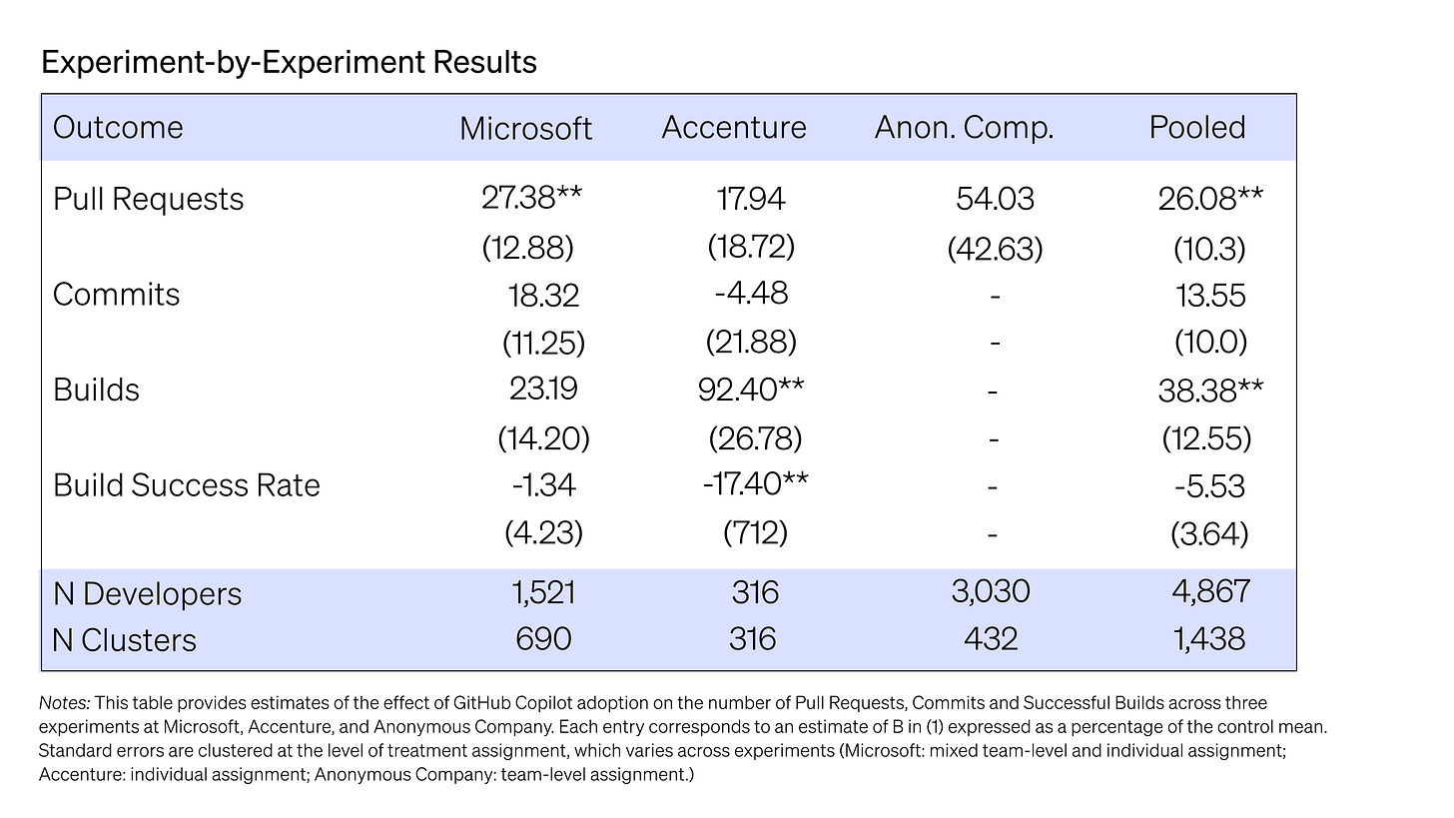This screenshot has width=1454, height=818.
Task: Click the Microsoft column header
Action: (x=525, y=128)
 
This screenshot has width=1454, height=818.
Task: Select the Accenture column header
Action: (x=733, y=127)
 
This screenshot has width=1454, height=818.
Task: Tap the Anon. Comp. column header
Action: (x=964, y=128)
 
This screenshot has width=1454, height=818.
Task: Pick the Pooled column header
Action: (x=1197, y=127)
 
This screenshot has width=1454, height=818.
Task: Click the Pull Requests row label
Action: (x=148, y=199)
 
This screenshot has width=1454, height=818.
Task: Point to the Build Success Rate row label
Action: (x=187, y=485)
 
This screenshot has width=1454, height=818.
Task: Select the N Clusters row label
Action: (x=124, y=640)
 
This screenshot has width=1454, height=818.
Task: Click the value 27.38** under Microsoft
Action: (x=531, y=198)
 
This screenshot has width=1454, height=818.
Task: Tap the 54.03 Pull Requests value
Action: (x=995, y=199)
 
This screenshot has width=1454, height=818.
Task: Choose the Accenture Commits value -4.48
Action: (x=752, y=293)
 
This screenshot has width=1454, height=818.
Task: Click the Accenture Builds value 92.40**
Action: (x=751, y=390)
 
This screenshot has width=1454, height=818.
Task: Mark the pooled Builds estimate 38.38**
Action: (x=1210, y=391)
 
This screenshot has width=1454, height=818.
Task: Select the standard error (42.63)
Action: (x=995, y=249)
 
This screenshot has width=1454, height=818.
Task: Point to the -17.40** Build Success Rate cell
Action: (x=756, y=483)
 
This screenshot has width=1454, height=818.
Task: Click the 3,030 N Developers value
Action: (x=991, y=591)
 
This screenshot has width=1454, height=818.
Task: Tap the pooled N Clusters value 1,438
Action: (x=1208, y=639)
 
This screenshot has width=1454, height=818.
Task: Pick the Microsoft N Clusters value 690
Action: (x=543, y=639)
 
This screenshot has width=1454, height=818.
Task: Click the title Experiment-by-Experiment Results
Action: (x=289, y=62)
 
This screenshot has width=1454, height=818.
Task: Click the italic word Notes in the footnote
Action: (x=64, y=703)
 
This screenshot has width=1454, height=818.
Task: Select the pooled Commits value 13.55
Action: (x=1210, y=296)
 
